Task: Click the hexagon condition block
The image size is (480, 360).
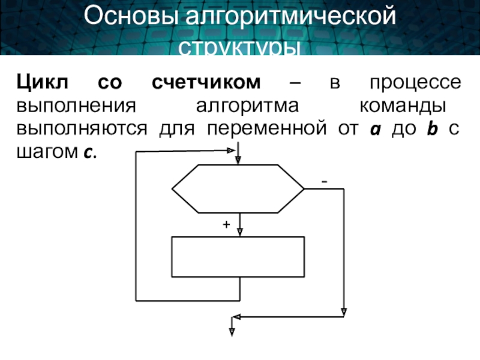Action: coord(238,189)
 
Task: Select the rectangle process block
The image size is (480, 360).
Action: coord(238,256)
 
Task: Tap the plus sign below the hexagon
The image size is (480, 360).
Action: coord(226,224)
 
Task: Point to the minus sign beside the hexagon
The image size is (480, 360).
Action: coord(324,181)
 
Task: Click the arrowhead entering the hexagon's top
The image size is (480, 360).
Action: coord(238,159)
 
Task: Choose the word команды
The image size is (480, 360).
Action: coord(403,106)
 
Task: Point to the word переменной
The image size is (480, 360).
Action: coord(264,129)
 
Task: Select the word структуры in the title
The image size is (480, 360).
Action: coord(240,47)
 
